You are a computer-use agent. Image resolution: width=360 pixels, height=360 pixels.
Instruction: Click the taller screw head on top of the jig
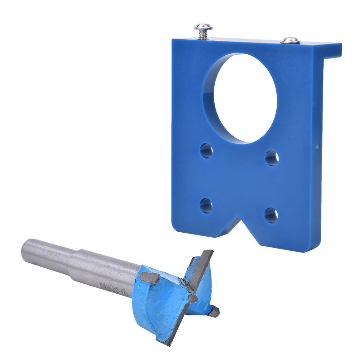(203, 27)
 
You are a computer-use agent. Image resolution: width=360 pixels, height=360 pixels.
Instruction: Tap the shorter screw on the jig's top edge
(290, 40)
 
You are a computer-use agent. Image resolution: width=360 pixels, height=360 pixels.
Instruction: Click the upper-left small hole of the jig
(206, 150)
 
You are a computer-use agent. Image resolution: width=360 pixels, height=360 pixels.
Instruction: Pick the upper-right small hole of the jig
(272, 158)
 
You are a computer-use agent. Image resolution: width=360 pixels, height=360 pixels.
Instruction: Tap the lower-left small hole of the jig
(206, 205)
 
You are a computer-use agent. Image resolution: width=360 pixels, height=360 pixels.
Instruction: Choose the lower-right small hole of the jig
(271, 215)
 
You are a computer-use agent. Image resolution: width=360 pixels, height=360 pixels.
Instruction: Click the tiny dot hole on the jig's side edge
(317, 146)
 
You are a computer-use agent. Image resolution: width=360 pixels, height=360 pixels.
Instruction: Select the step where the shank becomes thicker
(74, 261)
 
